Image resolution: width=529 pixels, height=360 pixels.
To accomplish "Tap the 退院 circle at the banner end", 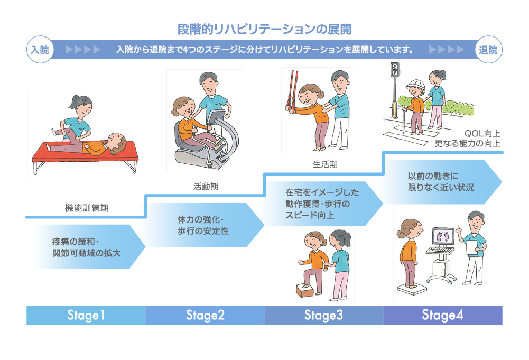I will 489,50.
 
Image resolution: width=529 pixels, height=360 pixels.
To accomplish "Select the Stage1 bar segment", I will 86,316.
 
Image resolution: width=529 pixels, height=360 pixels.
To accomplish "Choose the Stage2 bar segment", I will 205,316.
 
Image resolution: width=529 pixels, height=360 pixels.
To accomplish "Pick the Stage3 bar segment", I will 324,316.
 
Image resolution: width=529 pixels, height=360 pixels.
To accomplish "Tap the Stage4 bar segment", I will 443,316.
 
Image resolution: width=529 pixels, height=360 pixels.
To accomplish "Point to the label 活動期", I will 205,186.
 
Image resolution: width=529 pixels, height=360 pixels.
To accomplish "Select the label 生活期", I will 324,164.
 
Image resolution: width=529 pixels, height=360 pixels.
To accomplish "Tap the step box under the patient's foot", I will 306,290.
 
